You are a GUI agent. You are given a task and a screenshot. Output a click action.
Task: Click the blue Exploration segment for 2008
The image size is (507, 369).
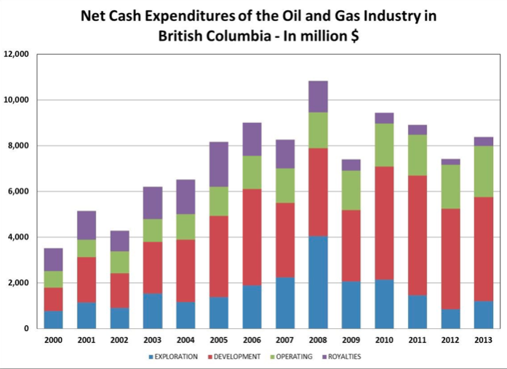pos(317,282)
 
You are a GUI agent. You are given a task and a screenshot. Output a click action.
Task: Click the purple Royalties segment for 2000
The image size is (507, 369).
pos(53,260)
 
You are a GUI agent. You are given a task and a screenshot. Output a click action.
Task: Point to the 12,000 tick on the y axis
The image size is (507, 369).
pos(16,55)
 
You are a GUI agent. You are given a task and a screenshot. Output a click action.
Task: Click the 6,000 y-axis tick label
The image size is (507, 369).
pos(18,191)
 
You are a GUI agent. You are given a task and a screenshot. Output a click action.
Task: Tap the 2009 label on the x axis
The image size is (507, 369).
pos(351,340)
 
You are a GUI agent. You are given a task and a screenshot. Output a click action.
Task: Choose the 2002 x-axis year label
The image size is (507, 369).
pos(119,340)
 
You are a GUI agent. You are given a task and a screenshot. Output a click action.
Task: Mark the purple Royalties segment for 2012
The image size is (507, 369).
pos(450,162)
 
